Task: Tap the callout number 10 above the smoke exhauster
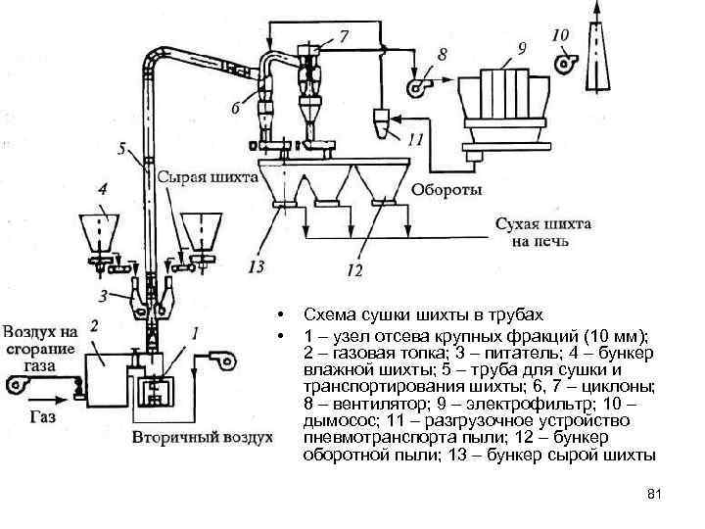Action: pos(559,35)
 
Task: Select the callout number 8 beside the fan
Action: pos(443,53)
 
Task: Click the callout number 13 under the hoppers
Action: pos(258,264)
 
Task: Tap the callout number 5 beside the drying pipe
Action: pos(120,150)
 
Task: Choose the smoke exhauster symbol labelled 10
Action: pos(566,62)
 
